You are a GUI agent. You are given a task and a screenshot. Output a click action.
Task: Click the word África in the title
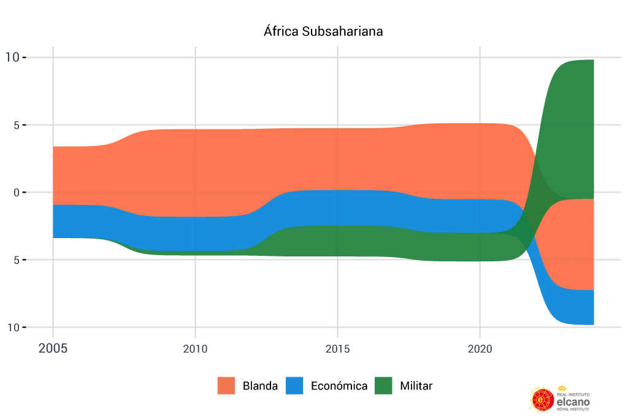(x=281, y=31)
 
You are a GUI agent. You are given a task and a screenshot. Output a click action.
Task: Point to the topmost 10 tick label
(x=12, y=58)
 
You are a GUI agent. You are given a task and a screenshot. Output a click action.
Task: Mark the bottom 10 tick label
(x=12, y=328)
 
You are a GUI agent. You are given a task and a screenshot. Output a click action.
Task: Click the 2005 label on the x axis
(x=53, y=349)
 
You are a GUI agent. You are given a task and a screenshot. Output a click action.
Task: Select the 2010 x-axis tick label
(x=195, y=349)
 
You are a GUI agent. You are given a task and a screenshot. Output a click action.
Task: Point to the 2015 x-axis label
(x=337, y=349)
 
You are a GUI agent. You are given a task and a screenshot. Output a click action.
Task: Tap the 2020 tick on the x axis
(x=480, y=349)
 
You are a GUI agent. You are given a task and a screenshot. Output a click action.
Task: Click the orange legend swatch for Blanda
(x=226, y=386)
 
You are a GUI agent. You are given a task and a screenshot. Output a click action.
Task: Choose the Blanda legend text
(x=260, y=386)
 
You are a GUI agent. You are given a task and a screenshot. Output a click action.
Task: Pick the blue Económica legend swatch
(x=294, y=386)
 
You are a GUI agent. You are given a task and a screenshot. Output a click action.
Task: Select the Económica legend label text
(x=339, y=386)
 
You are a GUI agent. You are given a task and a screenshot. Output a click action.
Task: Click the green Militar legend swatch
(x=383, y=386)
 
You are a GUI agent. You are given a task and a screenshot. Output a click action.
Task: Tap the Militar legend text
(x=416, y=386)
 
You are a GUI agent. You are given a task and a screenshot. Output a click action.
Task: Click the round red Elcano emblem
(x=541, y=399)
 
